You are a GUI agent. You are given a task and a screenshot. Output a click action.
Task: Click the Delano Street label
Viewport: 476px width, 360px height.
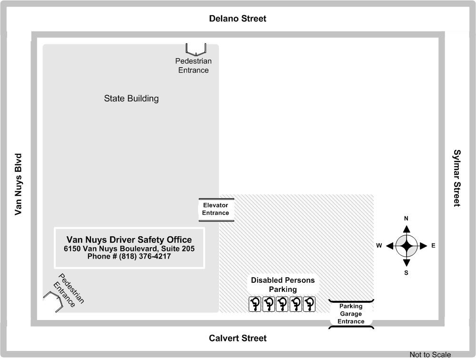[238, 19]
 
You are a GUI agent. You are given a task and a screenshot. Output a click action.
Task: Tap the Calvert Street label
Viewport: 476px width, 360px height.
[238, 338]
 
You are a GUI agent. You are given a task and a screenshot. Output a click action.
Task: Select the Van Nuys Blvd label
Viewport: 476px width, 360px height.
[19, 184]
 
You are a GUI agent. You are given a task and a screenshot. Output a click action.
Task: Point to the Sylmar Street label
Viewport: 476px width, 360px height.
[457, 178]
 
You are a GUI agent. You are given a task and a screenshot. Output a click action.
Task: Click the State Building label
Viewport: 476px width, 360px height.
[131, 99]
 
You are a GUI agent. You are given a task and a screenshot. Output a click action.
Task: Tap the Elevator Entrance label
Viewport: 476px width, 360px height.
[216, 209]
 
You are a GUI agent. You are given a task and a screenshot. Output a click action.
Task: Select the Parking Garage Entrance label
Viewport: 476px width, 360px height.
[351, 314]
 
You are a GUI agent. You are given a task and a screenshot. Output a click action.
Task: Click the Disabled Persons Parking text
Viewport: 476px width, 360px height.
[283, 285]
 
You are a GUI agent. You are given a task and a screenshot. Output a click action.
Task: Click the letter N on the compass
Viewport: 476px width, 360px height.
[407, 219]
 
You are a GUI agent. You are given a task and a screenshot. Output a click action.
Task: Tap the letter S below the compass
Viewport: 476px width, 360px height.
[407, 273]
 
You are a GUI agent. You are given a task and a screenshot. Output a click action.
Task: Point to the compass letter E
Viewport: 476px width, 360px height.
[433, 246]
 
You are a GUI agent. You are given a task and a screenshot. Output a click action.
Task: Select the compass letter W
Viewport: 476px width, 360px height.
[379, 246]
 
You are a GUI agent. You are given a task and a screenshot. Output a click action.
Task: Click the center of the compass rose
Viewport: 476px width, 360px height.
[407, 246]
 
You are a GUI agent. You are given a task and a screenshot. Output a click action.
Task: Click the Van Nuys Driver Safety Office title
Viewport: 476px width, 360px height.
[129, 240]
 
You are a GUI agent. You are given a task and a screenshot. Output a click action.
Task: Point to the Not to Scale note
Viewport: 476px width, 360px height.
[430, 354]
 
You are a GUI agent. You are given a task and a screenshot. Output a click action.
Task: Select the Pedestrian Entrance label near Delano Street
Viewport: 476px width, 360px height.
[193, 66]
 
